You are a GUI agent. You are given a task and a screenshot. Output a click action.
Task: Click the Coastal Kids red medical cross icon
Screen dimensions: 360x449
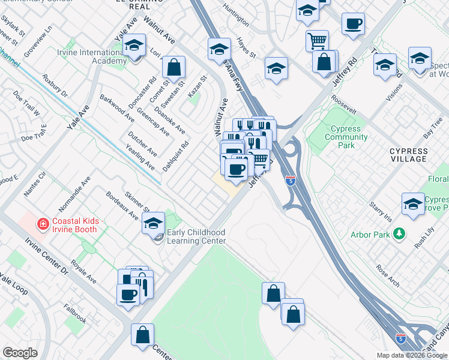[x=43, y=225]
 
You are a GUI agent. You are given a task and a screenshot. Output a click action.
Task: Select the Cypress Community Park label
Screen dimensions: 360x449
[x=346, y=137]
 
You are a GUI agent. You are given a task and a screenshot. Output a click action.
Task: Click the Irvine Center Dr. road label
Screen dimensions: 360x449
[x=48, y=260]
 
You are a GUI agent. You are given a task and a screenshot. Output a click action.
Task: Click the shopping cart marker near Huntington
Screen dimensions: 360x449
[x=317, y=41]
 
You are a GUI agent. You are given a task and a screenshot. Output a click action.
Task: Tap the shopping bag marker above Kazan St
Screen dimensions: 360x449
[x=173, y=67]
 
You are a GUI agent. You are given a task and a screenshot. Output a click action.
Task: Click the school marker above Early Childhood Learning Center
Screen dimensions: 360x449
[x=154, y=223]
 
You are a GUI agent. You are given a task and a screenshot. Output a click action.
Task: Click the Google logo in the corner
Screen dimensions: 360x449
[x=20, y=353]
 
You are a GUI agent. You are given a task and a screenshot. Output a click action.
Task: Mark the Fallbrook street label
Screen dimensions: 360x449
[x=75, y=316]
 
